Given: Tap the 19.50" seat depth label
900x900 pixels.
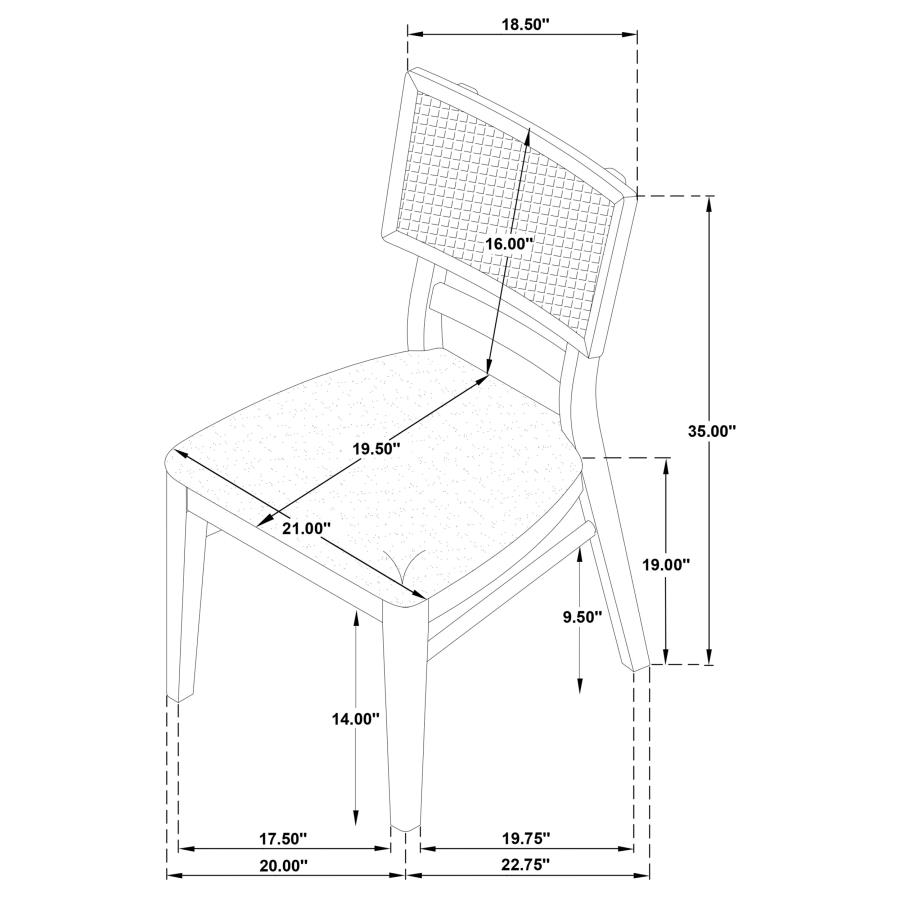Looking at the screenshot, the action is click(x=376, y=448).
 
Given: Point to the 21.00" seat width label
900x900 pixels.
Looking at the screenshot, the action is click(x=307, y=527).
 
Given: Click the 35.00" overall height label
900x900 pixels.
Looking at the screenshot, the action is click(x=712, y=430).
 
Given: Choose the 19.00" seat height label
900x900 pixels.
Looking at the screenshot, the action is click(x=666, y=564).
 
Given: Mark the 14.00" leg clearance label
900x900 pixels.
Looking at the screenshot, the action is click(x=356, y=718).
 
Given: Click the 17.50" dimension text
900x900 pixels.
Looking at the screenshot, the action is click(x=283, y=839).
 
